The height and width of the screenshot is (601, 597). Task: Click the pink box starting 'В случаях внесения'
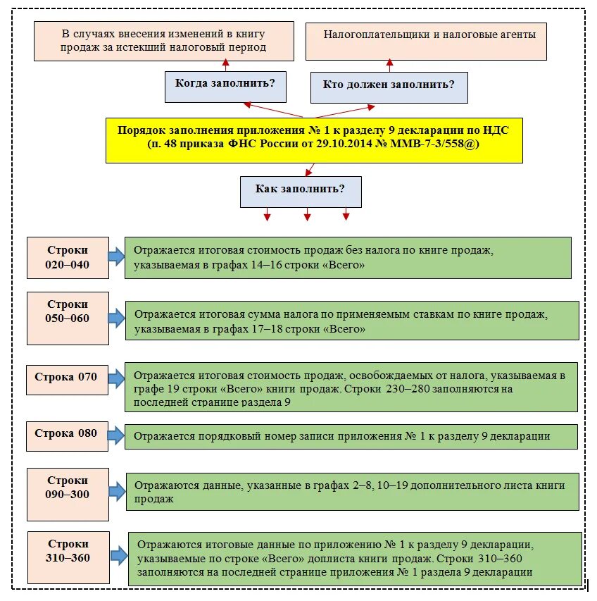(164, 40)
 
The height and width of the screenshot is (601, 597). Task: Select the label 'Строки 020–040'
(68, 258)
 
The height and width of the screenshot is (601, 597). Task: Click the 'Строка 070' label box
(67, 377)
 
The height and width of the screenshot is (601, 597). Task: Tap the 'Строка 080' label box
(67, 433)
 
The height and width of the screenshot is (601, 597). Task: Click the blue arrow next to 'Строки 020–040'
(116, 256)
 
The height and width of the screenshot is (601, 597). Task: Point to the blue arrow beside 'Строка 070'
(116, 377)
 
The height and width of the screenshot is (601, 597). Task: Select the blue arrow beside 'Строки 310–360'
(119, 556)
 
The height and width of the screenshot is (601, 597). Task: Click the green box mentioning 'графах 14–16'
(348, 258)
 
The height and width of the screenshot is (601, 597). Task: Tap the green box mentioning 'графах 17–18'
(352, 321)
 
